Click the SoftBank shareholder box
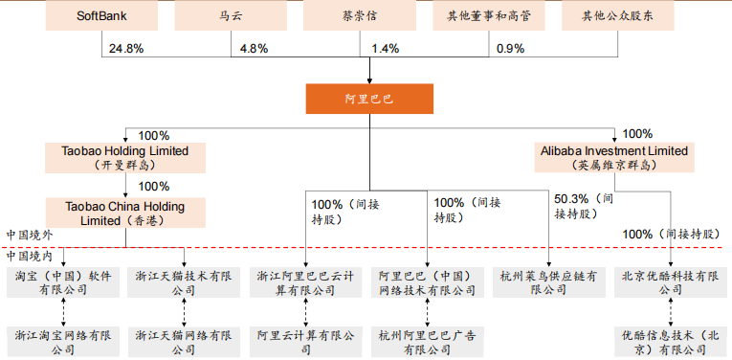click(x=103, y=16)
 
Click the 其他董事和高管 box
click(x=489, y=16)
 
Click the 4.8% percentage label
click(x=254, y=48)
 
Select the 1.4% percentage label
click(x=386, y=48)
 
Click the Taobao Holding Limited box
click(x=126, y=157)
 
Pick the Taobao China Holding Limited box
click(x=126, y=213)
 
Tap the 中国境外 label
click(x=30, y=235)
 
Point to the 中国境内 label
click(x=30, y=256)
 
